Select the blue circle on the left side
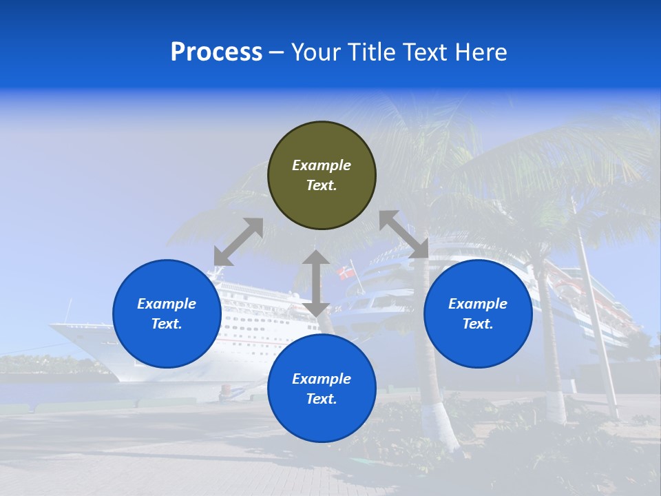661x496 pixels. point(167,313)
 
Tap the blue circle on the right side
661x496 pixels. point(478,313)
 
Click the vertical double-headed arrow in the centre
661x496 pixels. point(316,283)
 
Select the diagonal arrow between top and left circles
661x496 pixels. point(238,242)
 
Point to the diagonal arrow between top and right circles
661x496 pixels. point(404,234)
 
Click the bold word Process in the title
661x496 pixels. point(216,52)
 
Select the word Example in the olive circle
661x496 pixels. point(322,165)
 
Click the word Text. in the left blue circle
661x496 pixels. point(167,324)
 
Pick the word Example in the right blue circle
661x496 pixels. point(478,304)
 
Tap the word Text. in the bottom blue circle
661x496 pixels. point(322,399)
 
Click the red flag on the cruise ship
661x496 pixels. point(346,273)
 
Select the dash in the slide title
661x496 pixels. point(277,52)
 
